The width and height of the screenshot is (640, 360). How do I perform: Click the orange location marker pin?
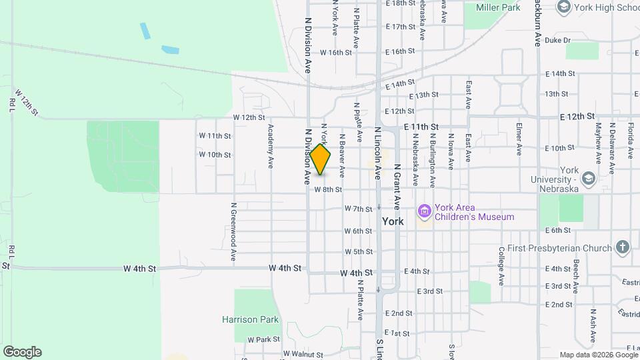(321, 159)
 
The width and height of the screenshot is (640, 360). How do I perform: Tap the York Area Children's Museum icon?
(424, 212)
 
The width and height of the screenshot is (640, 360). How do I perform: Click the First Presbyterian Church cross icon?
(622, 247)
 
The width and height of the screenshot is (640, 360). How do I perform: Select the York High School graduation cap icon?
(564, 7)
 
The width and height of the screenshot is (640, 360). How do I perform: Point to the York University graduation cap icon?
(588, 178)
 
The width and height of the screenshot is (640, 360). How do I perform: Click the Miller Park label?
(497, 7)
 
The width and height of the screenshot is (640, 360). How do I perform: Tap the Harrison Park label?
(250, 319)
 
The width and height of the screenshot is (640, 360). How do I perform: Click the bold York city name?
(393, 221)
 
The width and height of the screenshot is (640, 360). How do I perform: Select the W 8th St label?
(327, 189)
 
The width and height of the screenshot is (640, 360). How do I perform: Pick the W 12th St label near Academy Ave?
(249, 117)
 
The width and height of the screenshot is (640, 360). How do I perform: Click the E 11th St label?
(421, 126)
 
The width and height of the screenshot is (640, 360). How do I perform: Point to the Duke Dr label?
(557, 41)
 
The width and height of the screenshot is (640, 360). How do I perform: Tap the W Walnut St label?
(303, 353)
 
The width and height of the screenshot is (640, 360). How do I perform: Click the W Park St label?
(263, 339)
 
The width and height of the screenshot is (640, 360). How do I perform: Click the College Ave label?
(501, 265)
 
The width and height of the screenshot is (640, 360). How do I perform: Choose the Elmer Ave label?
(519, 138)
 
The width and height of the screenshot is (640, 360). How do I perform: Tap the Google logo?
(22, 352)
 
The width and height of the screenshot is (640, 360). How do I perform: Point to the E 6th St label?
(558, 231)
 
